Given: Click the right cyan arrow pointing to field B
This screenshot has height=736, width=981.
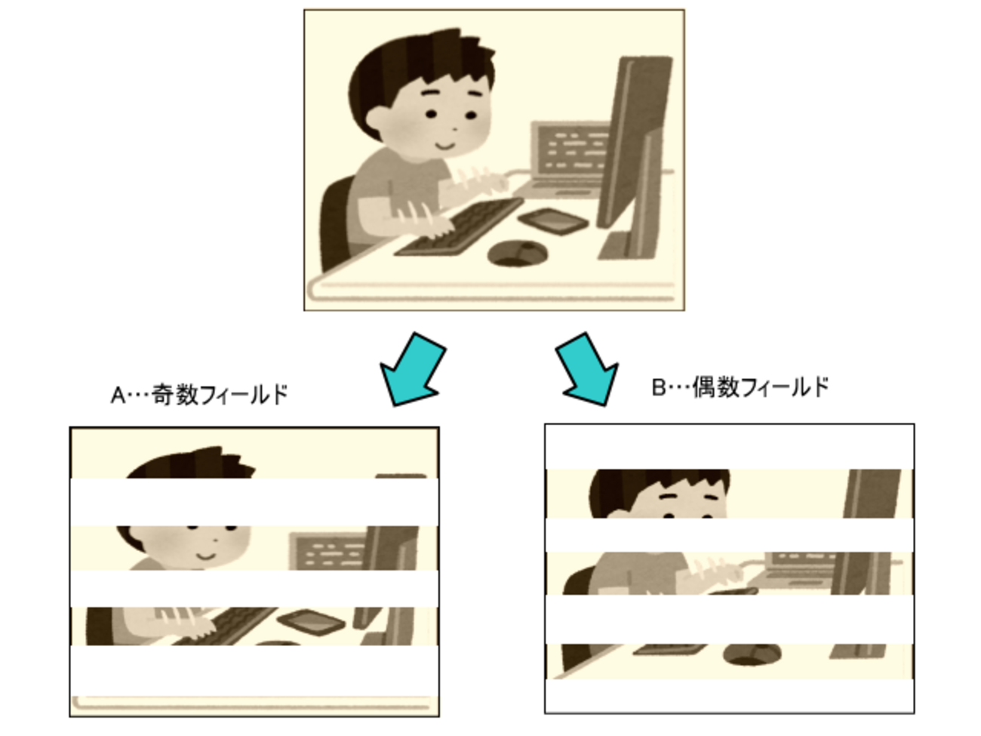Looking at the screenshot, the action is pos(588,370).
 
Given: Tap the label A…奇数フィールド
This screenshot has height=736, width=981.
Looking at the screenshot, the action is pos(199,395).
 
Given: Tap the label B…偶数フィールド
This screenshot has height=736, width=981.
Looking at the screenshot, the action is pos(740,387).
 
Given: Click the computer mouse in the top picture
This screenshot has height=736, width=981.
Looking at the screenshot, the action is pos(518,254).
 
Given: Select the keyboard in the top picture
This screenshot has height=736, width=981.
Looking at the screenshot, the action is pos(459,227).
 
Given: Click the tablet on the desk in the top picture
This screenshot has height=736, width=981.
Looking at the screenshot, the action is pos(553,220).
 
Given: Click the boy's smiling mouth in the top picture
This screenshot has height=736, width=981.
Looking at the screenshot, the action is pos(445,146).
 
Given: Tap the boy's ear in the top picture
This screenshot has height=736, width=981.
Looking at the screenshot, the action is pos(378,120).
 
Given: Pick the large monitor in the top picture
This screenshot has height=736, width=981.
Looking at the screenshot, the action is pos(635,156).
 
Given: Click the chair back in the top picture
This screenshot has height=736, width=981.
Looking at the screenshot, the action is pos(336,223).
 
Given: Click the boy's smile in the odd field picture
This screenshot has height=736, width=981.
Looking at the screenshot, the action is pos(206,556).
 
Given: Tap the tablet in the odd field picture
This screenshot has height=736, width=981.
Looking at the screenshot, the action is pos(311,622).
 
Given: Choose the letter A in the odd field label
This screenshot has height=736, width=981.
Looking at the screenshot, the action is pos(118,396).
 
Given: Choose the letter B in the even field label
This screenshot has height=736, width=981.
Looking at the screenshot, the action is pos(659,387).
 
